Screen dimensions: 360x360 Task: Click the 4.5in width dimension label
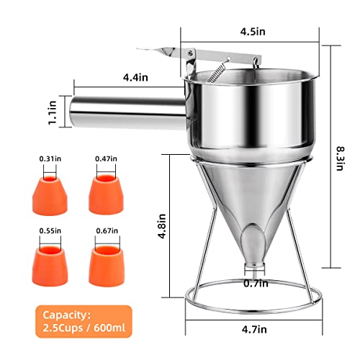pos(253,32)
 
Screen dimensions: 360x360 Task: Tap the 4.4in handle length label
pos(135,78)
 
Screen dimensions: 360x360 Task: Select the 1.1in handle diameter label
pos(53,112)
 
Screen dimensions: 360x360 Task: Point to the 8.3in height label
pos(340,158)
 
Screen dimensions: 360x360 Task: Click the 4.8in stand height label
pos(162,226)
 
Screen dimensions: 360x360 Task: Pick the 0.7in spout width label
pos(256,284)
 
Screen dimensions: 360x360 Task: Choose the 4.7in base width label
pos(254,329)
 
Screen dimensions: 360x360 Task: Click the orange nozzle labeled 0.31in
pos(50,195)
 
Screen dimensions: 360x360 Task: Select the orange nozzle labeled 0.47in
pos(106,194)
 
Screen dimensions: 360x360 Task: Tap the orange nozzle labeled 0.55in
pos(50,266)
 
